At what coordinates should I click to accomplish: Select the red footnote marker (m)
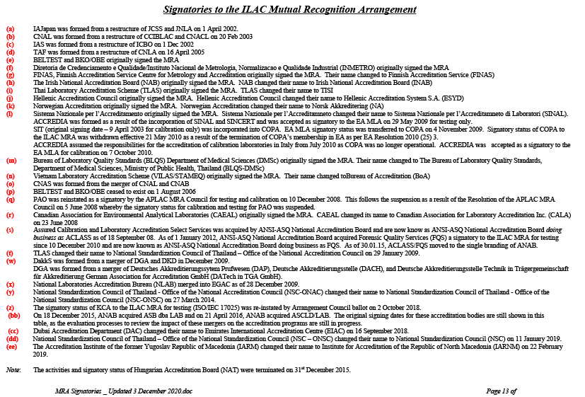tap(11, 161)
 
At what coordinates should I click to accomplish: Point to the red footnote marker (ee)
tap(12, 347)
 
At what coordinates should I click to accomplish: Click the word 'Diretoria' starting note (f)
tap(47, 67)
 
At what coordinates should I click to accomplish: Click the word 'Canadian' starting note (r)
tap(47, 214)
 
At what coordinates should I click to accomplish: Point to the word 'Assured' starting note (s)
tap(45, 230)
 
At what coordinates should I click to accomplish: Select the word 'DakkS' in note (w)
tap(42, 260)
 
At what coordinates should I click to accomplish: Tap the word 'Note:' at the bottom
tap(13, 370)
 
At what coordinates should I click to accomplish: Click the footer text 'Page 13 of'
tap(502, 390)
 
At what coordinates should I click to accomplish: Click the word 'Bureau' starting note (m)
tap(44, 161)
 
